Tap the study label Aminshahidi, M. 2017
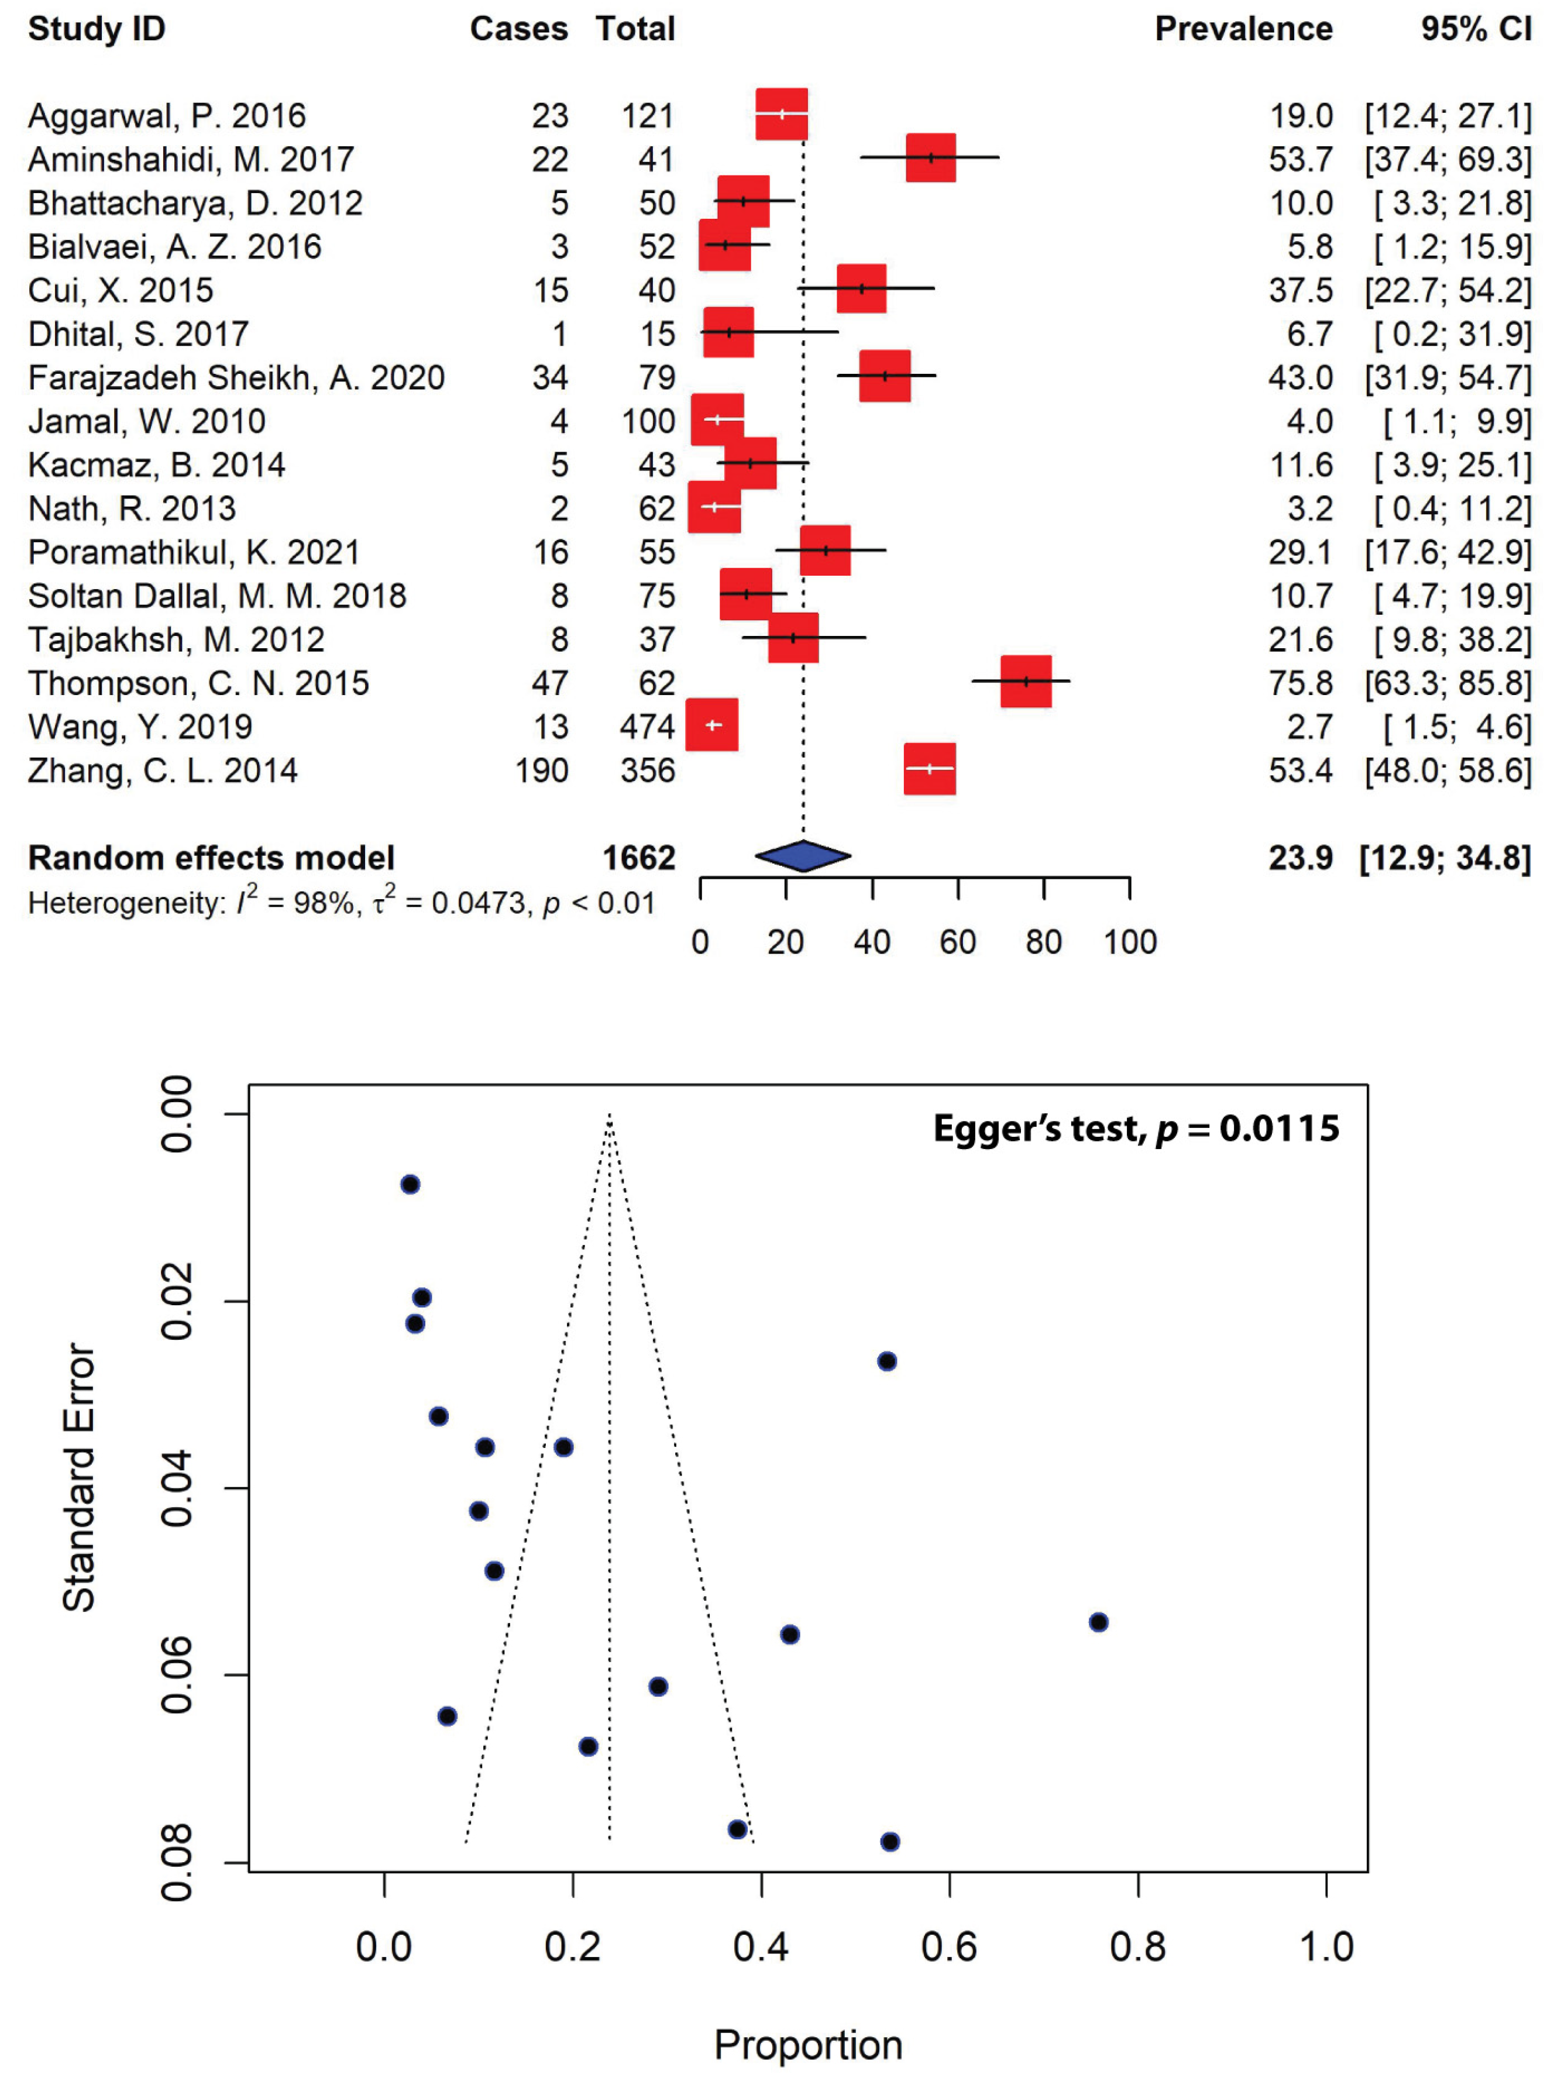coord(191,160)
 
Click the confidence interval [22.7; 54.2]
coord(1447,291)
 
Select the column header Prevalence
coord(1243,29)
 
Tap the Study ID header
coord(97,29)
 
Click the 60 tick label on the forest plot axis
coord(957,942)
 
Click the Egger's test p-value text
coord(1136,1129)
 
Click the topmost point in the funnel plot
coord(410,1185)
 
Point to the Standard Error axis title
coord(80,1477)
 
